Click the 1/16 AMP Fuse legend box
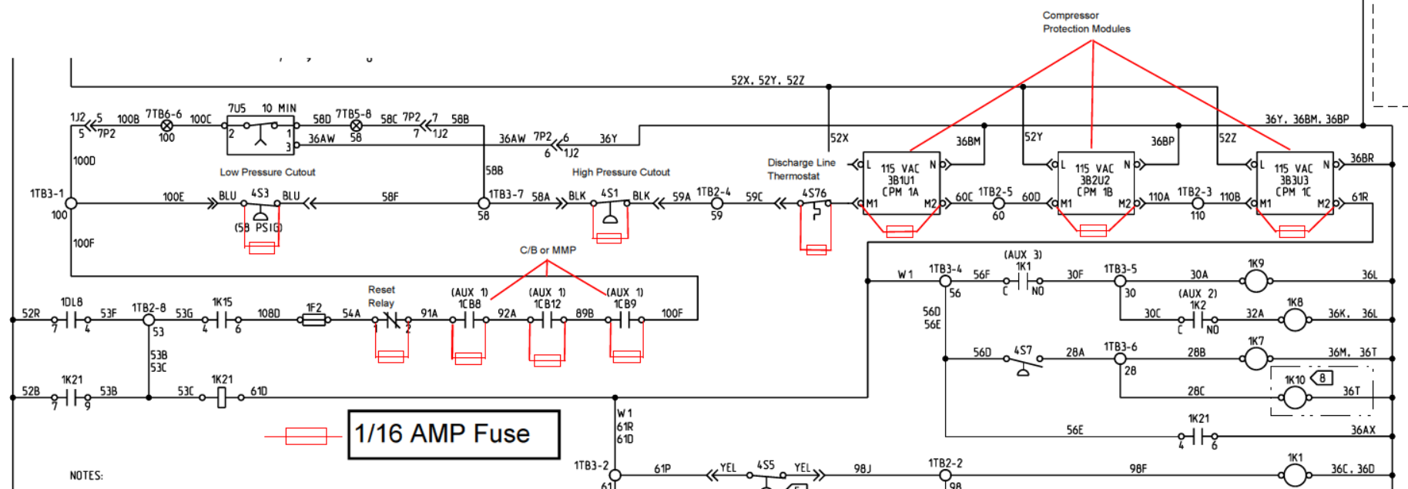click(454, 434)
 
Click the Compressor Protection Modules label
click(1086, 22)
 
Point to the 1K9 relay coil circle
click(1256, 281)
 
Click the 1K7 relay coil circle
click(1256, 358)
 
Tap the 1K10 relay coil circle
click(1295, 397)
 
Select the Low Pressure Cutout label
click(267, 172)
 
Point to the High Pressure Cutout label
click(621, 172)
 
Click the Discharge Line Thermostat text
click(800, 169)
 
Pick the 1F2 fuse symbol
click(313, 320)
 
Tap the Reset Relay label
click(381, 296)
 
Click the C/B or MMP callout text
click(547, 250)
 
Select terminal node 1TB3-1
click(71, 203)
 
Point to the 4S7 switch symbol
click(1023, 360)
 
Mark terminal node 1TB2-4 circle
click(716, 203)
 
